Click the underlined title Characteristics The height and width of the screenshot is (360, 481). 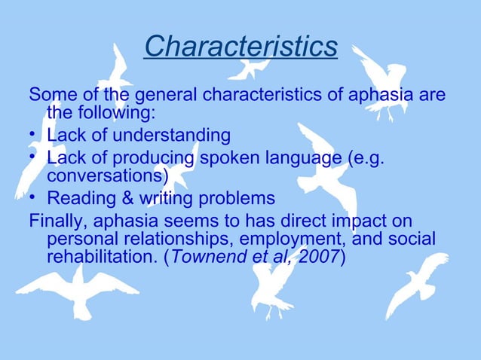(240, 47)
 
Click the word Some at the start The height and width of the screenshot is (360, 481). (49, 96)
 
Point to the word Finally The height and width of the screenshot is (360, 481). (57, 221)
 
